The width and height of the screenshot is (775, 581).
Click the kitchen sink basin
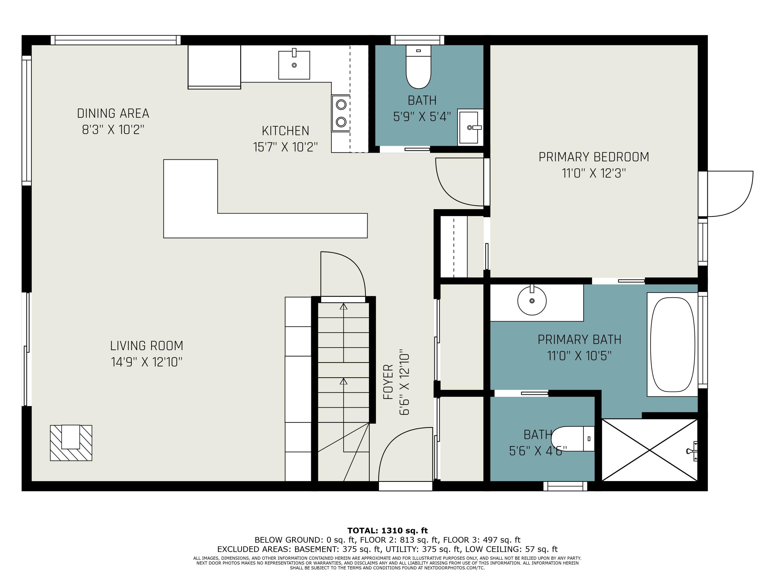click(x=294, y=65)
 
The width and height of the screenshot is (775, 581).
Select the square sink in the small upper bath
click(x=470, y=128)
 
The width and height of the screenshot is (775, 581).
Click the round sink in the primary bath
click(x=532, y=301)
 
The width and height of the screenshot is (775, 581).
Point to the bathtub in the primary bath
click(x=672, y=345)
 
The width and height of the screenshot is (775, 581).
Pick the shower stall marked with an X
click(x=650, y=450)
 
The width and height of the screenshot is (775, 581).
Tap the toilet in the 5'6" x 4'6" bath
click(x=573, y=438)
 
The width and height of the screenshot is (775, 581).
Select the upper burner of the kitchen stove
click(x=341, y=104)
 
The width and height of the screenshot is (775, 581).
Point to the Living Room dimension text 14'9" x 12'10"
click(x=147, y=362)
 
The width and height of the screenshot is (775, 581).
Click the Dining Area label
click(x=113, y=113)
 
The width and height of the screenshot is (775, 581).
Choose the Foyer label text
click(x=388, y=382)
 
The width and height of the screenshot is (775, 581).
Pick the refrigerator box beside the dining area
click(x=214, y=67)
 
